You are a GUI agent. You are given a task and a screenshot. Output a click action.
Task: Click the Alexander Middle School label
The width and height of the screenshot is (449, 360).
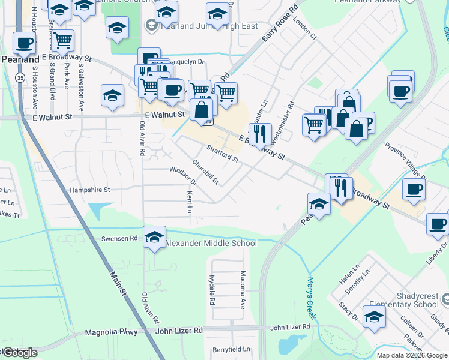click(211, 243)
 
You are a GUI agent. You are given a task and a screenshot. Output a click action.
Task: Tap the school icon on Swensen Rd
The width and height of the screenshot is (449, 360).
click(154, 236)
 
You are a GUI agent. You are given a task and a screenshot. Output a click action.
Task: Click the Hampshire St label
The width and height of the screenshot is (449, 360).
click(91, 190)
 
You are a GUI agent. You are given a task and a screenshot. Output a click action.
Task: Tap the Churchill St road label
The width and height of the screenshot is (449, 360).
click(206, 172)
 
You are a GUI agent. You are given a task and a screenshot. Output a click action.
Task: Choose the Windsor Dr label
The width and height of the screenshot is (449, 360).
click(182, 176)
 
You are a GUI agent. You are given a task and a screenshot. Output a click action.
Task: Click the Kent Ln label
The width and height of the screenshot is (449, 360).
click(189, 203)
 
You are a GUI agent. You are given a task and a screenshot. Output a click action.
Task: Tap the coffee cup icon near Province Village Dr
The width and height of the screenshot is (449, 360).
click(414, 189)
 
